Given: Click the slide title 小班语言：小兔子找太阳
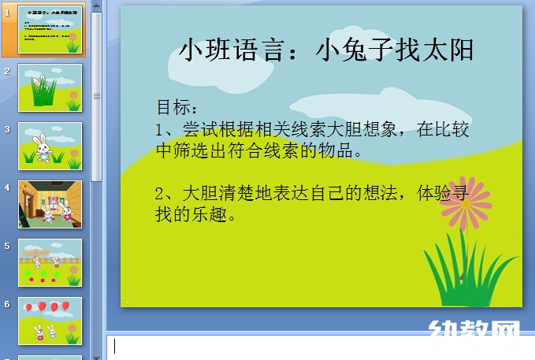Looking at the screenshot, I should click(327, 50).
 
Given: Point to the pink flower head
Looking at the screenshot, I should click(466, 202).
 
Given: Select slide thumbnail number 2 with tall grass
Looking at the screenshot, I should click(50, 87).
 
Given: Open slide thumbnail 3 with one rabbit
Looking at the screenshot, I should click(50, 146).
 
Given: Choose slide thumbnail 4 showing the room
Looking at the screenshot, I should click(50, 204).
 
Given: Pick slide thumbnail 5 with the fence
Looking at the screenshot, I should click(50, 262).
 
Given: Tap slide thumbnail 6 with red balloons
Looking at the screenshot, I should click(50, 321).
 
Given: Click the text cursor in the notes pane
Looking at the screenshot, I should click(114, 346).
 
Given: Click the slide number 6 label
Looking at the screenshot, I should click(7, 303).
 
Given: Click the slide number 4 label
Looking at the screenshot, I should click(7, 187).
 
